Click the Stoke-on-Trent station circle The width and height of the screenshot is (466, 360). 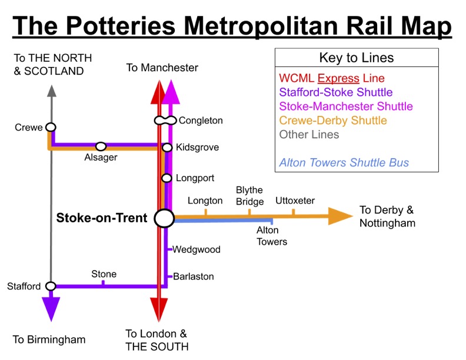click(x=164, y=218)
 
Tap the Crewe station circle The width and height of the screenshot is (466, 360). click(x=51, y=127)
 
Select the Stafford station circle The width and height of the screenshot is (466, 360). click(x=51, y=286)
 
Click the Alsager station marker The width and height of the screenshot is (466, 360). click(x=101, y=146)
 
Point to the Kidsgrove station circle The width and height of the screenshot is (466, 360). click(x=167, y=148)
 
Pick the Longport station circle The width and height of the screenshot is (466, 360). click(x=167, y=178)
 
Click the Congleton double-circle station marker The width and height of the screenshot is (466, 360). click(x=165, y=121)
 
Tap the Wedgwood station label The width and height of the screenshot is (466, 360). click(x=197, y=249)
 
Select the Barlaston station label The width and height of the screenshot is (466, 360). click(x=194, y=276)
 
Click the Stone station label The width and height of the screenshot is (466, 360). click(x=104, y=274)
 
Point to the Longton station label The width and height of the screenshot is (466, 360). click(x=205, y=201)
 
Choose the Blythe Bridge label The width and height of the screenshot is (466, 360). click(x=249, y=196)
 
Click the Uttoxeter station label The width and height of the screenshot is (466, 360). click(x=295, y=201)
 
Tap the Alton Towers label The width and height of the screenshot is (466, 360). click(x=272, y=236)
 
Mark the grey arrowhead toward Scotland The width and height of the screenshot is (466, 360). click(x=51, y=91)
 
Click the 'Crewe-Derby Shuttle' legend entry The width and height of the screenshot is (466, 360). click(x=333, y=121)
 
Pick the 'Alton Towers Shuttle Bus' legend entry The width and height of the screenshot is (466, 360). click(x=344, y=163)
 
